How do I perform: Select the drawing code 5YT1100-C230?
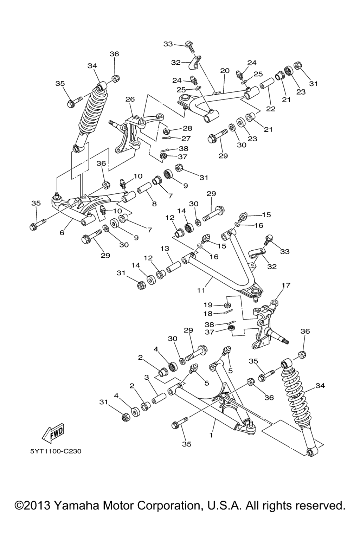coord(56,451)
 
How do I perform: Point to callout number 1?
coord(211,435)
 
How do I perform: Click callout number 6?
coord(62,233)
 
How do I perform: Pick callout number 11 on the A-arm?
coord(201,290)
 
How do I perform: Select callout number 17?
coord(286,285)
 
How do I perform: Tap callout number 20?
coord(225,71)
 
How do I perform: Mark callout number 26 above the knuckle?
coord(130,99)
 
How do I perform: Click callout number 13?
coord(165,249)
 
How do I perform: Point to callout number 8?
coord(154,204)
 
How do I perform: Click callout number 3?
coord(147,378)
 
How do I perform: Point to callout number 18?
coord(208,313)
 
